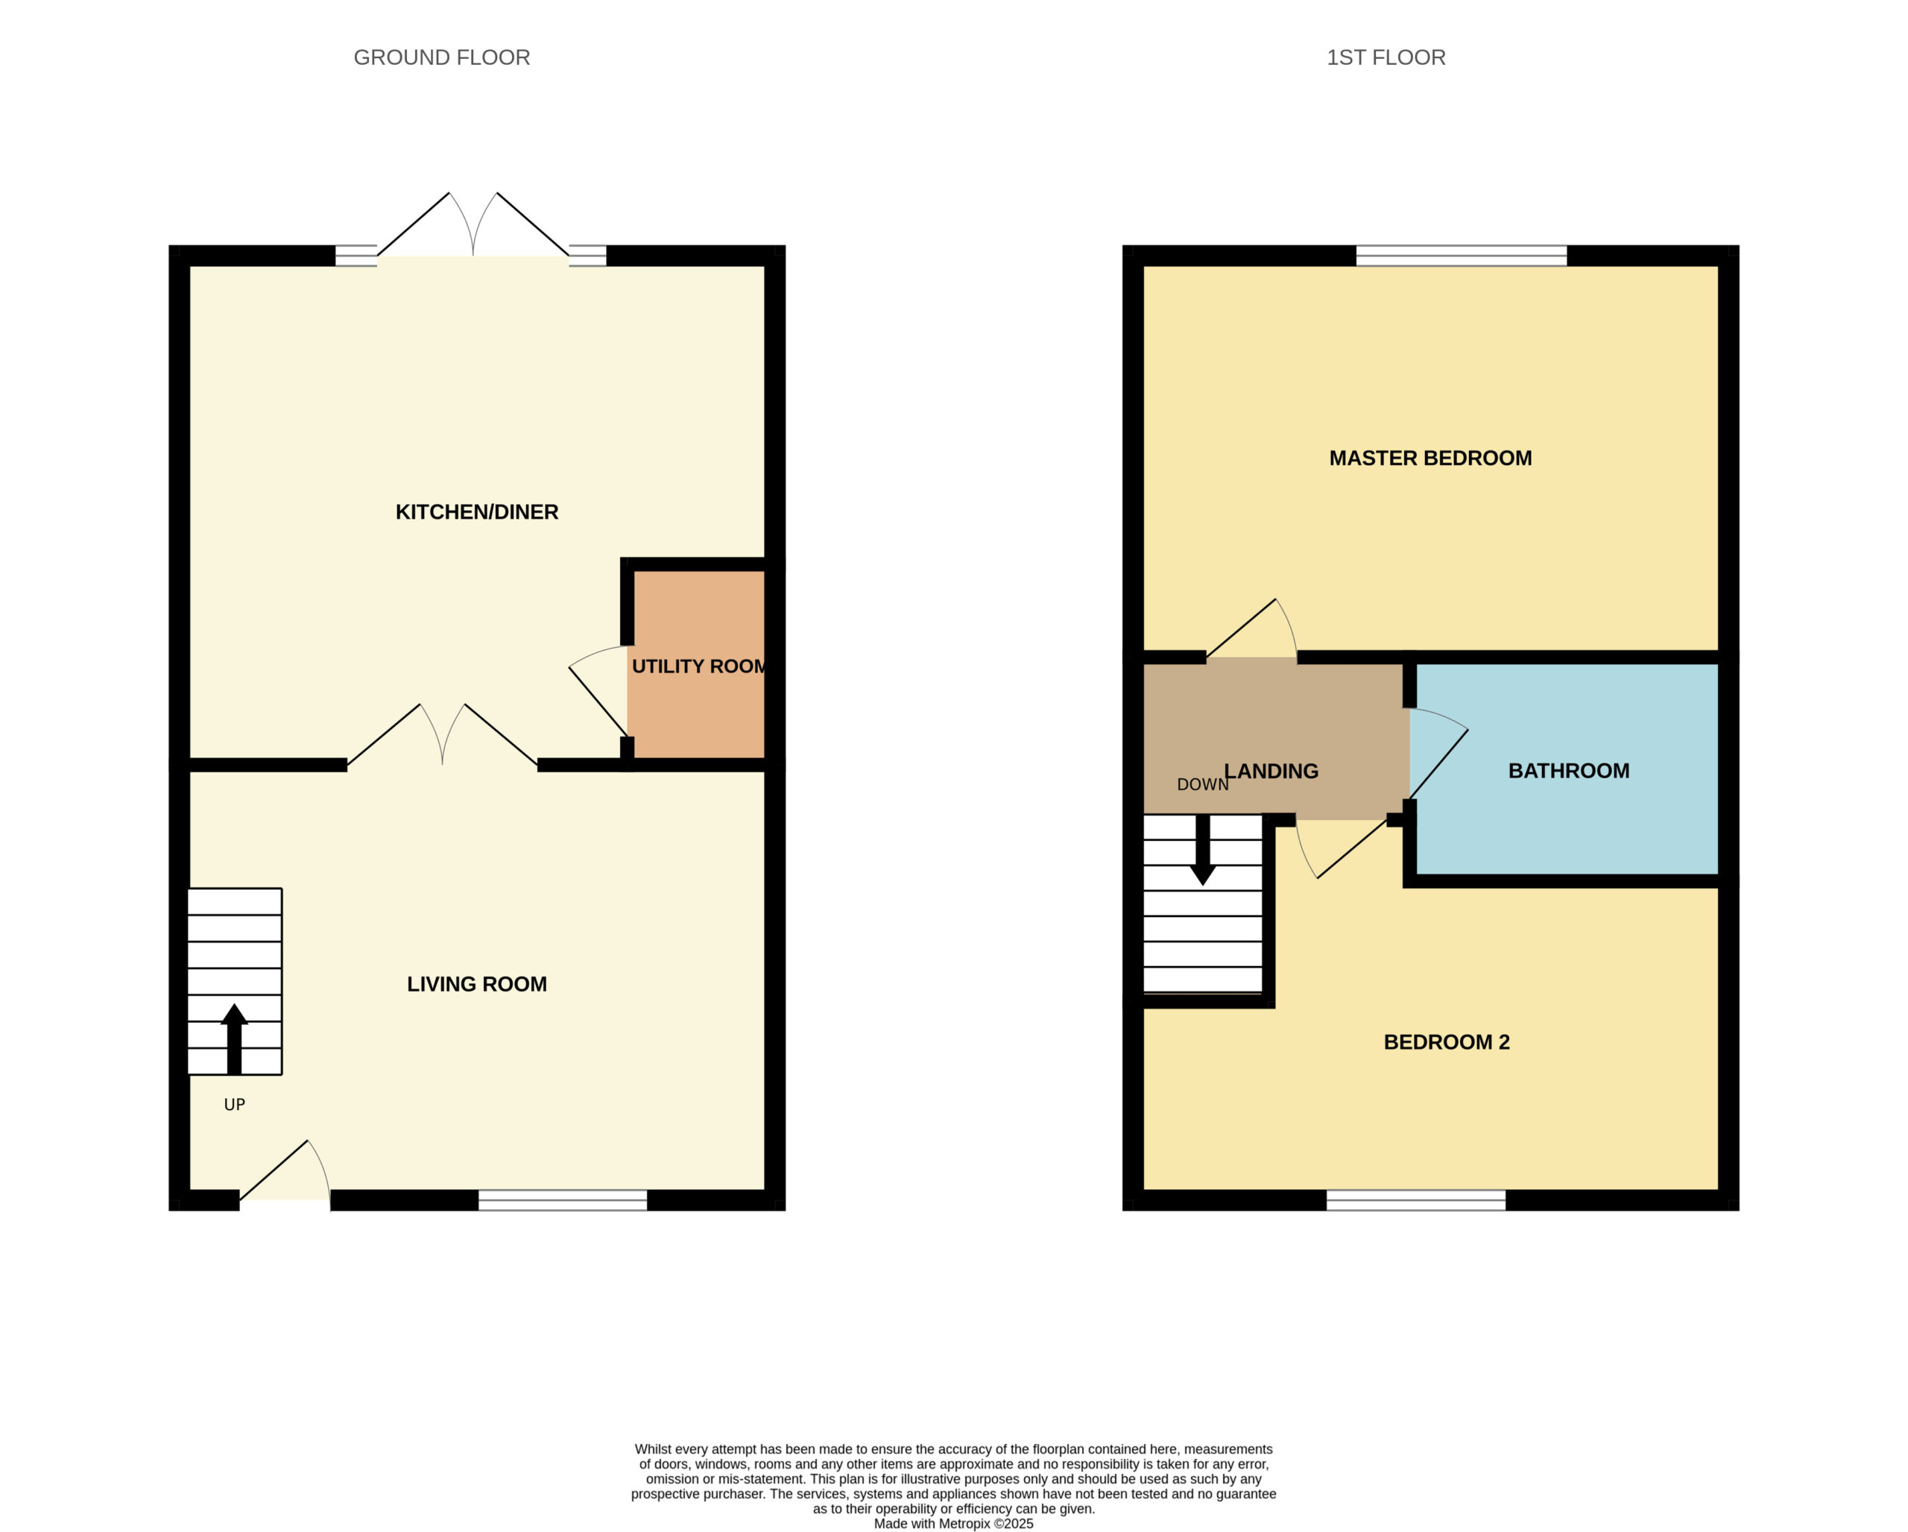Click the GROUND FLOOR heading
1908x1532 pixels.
[x=442, y=57]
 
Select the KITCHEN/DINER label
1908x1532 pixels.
[x=477, y=511]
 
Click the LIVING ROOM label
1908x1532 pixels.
[x=477, y=984]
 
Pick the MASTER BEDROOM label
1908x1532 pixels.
[x=1430, y=458]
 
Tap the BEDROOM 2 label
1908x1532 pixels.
[x=1446, y=1041]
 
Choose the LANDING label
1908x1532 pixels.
[x=1272, y=771]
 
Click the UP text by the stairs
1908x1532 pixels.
[x=235, y=1105]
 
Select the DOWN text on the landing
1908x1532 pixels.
[x=1203, y=785]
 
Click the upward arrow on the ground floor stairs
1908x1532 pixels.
[x=235, y=1039]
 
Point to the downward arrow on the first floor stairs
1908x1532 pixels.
[x=1203, y=850]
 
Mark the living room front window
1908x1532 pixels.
[x=563, y=1200]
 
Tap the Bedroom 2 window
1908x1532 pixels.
[x=1416, y=1200]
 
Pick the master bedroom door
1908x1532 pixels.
[x=1252, y=629]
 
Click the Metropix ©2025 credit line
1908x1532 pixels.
[x=953, y=1524]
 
